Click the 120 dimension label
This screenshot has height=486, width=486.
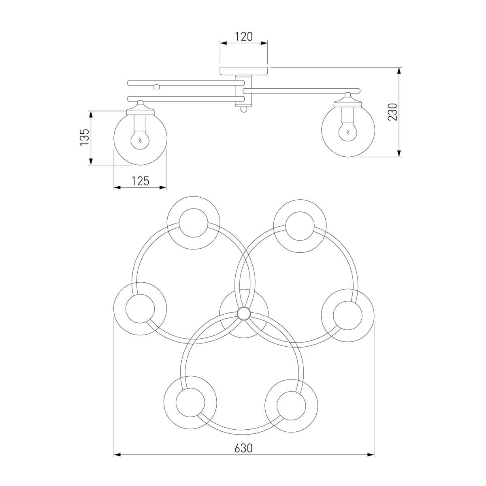coord(244,37)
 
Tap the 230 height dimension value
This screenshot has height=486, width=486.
coord(393,112)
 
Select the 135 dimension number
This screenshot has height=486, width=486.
coord(85,137)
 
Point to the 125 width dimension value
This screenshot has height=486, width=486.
coord(140,181)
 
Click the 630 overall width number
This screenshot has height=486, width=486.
coord(243,448)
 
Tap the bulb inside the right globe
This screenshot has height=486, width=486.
coord(348,132)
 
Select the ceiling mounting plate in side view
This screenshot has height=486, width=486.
coord(244,71)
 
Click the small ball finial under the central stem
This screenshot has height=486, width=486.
coord(243,109)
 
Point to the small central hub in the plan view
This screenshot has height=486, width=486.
coord(244,314)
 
